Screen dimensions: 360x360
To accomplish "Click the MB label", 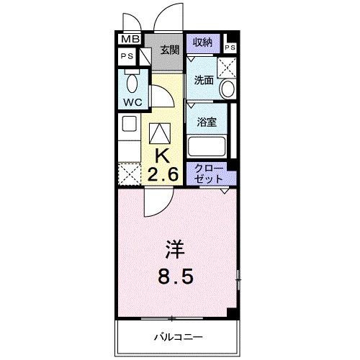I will (x=130, y=40).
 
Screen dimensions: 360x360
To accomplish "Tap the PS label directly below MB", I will (x=127, y=56).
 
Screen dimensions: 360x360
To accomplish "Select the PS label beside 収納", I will (x=230, y=48).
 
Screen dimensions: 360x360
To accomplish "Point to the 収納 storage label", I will (x=202, y=42).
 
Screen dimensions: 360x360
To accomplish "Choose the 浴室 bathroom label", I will (x=207, y=122).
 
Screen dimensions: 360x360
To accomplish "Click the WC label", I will (x=131, y=102).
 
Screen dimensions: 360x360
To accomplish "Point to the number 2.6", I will (x=163, y=174).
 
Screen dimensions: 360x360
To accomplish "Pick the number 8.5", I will (x=176, y=276).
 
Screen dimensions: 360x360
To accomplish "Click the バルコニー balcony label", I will (x=178, y=336).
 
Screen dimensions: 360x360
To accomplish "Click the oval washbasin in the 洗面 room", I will (x=228, y=90).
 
